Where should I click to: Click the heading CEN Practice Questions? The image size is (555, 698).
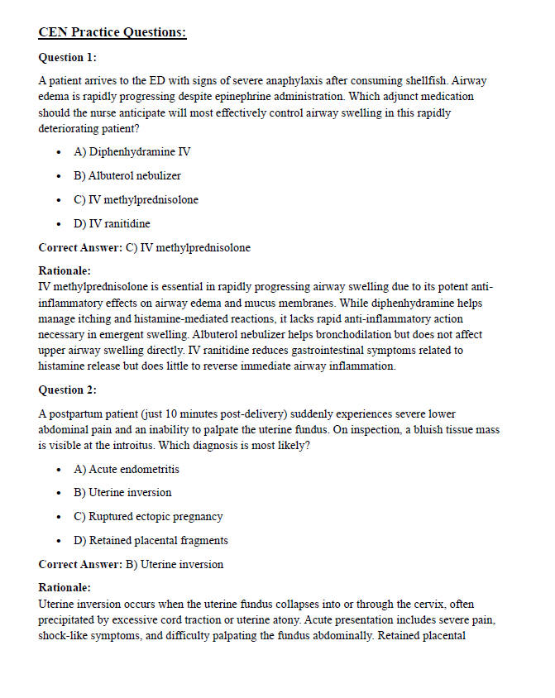click(112, 33)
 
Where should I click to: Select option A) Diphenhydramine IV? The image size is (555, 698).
click(132, 152)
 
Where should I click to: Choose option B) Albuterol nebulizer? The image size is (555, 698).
click(127, 176)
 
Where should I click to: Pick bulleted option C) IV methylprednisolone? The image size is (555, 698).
click(136, 200)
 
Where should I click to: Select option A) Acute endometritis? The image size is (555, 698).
click(127, 469)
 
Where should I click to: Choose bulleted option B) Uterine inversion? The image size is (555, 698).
click(122, 493)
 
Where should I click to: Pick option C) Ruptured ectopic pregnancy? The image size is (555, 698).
click(148, 517)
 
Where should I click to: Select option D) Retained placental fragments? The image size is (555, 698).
click(151, 541)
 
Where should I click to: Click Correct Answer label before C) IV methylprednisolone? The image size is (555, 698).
click(79, 247)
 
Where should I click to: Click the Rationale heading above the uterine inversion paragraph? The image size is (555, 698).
click(65, 588)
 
